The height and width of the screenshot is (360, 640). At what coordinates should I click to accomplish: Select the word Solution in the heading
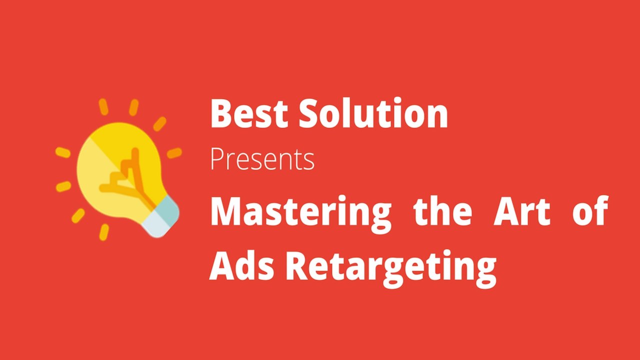click(x=373, y=114)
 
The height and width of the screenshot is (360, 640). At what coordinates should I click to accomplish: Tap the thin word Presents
click(x=262, y=159)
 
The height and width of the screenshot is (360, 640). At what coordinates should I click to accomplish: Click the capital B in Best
click(x=220, y=114)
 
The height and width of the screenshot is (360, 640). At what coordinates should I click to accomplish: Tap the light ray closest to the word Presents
click(x=174, y=153)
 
